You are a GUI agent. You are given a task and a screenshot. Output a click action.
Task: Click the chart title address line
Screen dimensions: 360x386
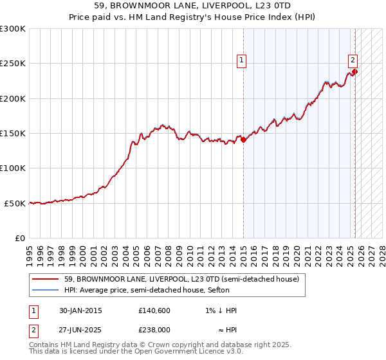192,6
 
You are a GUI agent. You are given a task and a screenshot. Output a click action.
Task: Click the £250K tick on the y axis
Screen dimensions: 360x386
13,64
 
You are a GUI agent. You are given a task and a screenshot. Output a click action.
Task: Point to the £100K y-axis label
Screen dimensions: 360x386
13,168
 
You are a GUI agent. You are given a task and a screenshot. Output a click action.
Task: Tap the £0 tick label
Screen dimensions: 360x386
20,238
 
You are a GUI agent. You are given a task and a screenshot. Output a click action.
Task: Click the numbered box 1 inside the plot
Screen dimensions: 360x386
241,61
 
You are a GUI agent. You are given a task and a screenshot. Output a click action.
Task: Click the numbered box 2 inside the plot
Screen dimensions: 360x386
353,61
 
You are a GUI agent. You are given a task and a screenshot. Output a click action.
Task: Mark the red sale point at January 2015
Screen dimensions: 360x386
244,140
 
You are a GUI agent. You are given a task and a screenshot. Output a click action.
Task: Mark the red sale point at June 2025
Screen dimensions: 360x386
355,72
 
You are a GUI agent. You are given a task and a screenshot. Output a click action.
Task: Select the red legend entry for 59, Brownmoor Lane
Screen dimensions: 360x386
181,280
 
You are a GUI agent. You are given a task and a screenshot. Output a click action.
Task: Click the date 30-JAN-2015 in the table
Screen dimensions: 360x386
80,310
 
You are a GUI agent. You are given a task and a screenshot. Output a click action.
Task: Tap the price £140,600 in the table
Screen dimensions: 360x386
153,310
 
